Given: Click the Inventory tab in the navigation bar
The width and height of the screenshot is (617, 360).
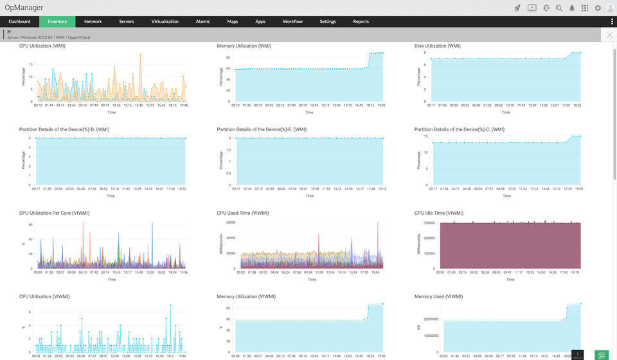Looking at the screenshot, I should coord(57,22).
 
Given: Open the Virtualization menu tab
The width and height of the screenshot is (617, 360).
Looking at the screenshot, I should coord(165,22).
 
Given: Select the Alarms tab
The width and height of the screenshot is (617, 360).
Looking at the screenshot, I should coord(202,22).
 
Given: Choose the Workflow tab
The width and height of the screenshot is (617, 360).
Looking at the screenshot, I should coord(292,22).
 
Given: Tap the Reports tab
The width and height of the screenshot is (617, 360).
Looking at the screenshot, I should coord(361,22).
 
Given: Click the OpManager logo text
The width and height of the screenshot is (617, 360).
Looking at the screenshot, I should coord(24,8).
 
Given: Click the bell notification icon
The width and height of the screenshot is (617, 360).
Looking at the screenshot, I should coord(572,8).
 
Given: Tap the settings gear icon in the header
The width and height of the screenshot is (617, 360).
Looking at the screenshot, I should coord(598,8).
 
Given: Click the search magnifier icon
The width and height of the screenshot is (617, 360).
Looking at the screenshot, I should coord(559,8).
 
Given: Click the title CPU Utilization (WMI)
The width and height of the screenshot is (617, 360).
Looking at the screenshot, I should coord(42,46).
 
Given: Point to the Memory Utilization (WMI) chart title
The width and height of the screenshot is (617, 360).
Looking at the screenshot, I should coord(244,46).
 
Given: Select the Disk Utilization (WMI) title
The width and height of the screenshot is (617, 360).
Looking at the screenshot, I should coord(438,46).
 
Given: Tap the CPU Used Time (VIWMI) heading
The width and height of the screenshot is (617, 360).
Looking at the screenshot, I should coord(243,213).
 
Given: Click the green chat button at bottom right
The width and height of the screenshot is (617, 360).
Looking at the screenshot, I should coord(602,355).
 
